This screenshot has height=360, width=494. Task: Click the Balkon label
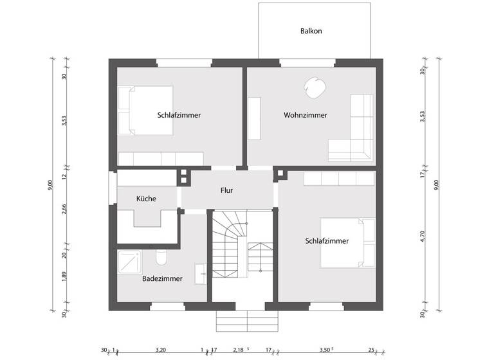311,31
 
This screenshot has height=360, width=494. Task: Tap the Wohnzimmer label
306,115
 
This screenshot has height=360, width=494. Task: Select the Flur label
226,190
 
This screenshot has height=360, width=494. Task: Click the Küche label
146,199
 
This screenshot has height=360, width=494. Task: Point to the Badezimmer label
162,278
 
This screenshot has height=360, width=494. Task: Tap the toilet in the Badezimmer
161,258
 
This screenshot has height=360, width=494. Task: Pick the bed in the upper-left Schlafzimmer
147,111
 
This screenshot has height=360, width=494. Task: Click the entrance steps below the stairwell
246,319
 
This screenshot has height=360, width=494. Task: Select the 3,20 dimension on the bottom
161,350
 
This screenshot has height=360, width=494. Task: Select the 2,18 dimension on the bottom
238,350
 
